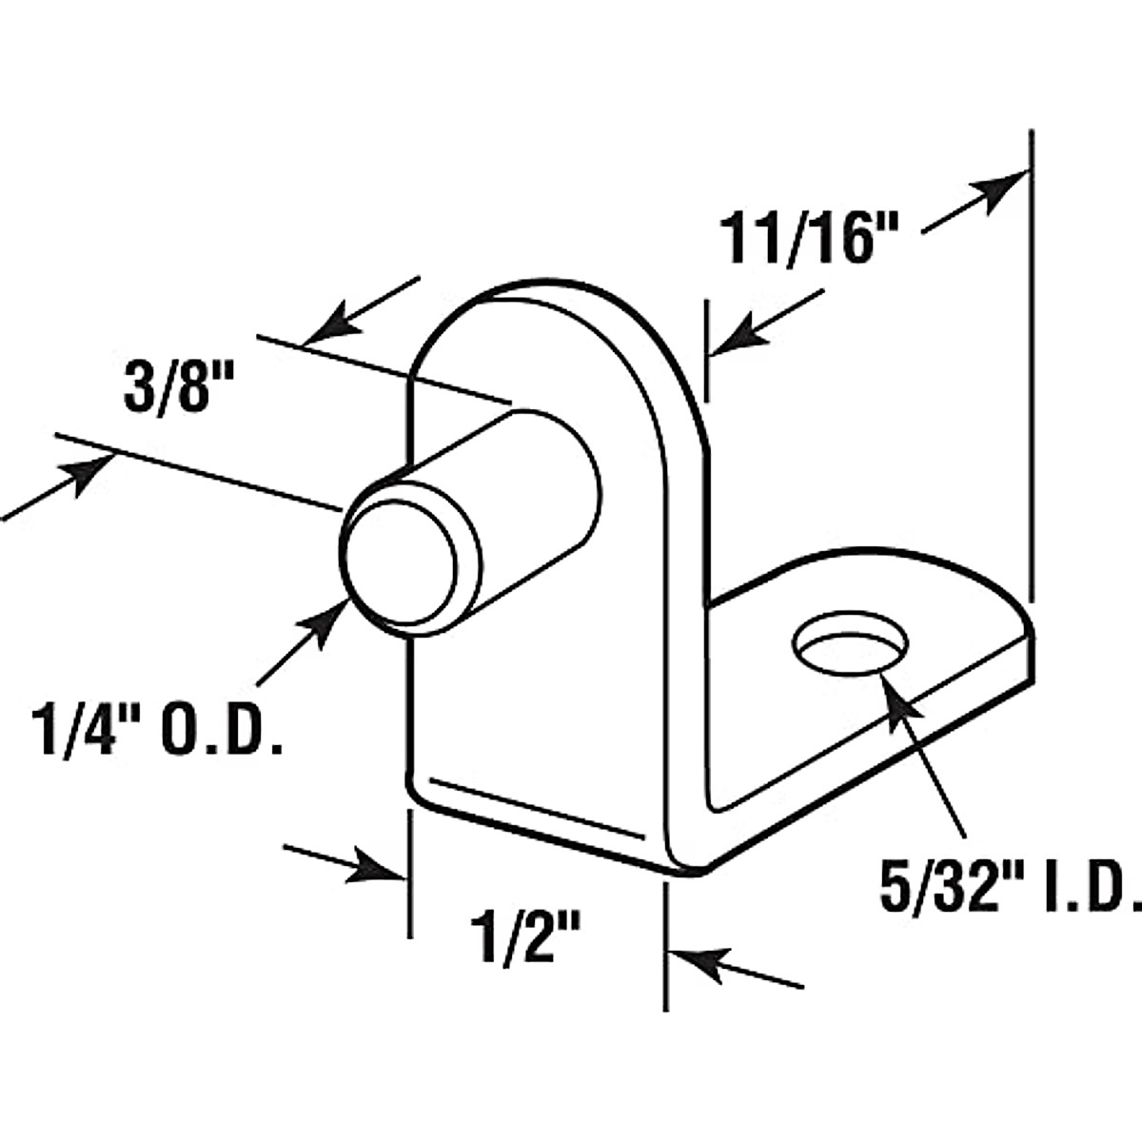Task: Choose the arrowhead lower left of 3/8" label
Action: tap(90, 472)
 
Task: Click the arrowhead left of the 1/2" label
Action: tap(381, 869)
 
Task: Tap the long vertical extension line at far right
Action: tap(1031, 381)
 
